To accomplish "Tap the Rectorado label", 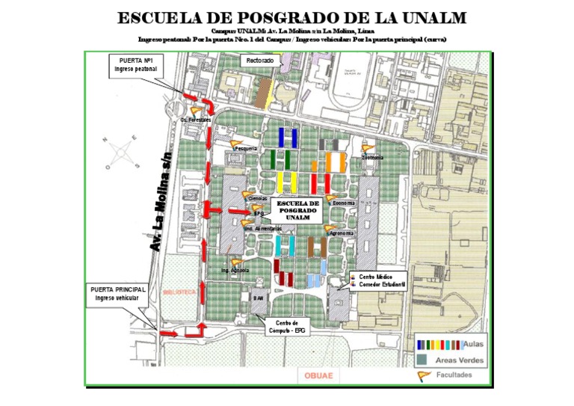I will click(260, 60).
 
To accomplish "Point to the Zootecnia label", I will click(372, 158).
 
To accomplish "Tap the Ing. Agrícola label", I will click(235, 269).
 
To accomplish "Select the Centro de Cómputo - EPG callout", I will click(287, 326).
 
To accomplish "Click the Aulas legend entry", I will click(473, 345).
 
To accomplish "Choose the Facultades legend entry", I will click(454, 375).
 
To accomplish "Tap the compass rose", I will click(121, 155).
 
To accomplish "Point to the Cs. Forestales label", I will click(196, 120).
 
